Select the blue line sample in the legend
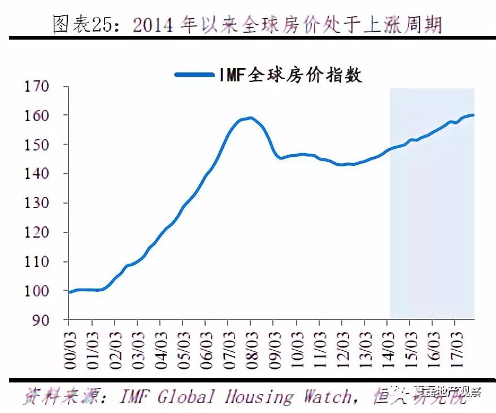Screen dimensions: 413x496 [193, 74]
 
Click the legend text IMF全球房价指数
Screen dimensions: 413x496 [290, 74]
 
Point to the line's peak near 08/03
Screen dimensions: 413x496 [250, 118]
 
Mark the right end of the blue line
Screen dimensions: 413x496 [473, 115]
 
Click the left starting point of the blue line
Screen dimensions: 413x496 [69, 292]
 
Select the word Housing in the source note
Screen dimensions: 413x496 [258, 397]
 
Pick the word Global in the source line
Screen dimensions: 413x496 [186, 397]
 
